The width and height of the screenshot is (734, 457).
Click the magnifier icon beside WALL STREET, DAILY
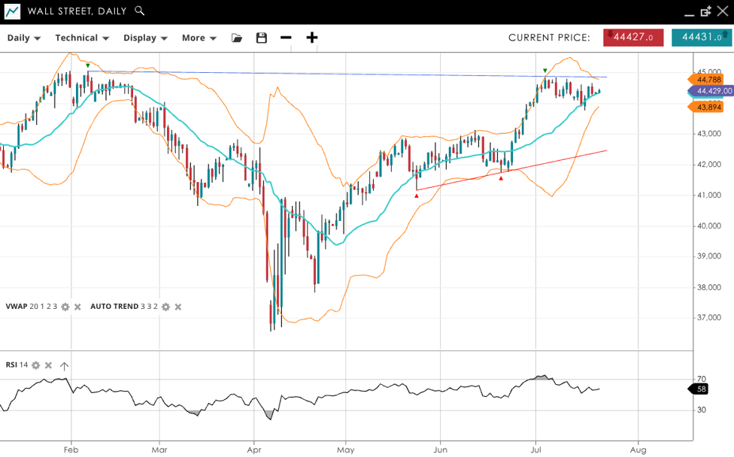point(139,11)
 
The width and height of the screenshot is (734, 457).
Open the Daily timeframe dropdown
point(23,38)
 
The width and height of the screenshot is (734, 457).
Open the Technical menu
point(81,38)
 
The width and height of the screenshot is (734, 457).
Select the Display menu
point(144,38)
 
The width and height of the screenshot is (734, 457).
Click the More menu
point(199,38)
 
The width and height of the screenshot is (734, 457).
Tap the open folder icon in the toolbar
point(237,38)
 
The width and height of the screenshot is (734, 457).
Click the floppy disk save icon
point(262,38)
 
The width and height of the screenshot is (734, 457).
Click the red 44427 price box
point(633,37)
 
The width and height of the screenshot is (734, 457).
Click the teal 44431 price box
point(701,37)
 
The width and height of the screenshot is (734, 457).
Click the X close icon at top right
point(723,11)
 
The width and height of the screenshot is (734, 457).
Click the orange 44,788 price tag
point(708,79)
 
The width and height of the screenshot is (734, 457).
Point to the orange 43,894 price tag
point(708,107)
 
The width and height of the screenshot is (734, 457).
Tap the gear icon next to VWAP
point(65,307)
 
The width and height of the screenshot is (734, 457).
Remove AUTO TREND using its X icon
point(177,307)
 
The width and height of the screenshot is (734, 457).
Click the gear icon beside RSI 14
point(35,365)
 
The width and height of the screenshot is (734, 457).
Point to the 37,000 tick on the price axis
point(709,318)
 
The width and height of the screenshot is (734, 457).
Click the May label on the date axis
point(345,449)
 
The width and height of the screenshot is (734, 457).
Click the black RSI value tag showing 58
point(700,389)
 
